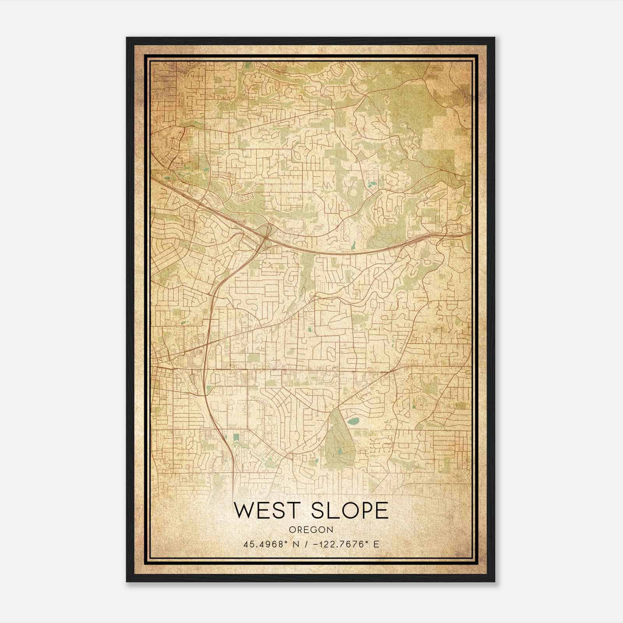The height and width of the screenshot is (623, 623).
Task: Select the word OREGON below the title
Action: click(x=311, y=530)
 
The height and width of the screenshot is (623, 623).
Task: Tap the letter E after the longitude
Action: click(x=376, y=544)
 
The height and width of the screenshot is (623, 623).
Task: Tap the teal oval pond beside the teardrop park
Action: click(x=354, y=421)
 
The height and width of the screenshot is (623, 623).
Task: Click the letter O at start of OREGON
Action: click(x=292, y=530)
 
